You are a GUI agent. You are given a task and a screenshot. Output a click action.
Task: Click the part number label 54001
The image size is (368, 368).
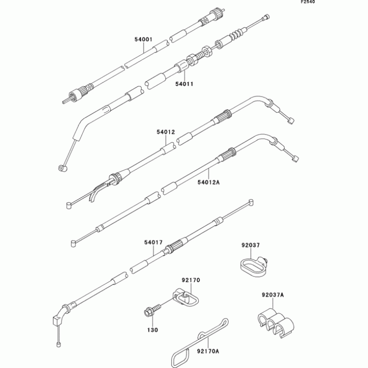click(x=144, y=40)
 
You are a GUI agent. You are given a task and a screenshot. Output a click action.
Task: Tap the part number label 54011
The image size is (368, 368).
click(x=184, y=84)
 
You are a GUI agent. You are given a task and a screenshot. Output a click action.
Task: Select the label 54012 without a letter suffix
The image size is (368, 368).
click(x=166, y=132)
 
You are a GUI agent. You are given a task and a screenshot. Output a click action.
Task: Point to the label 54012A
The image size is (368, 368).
click(x=209, y=182)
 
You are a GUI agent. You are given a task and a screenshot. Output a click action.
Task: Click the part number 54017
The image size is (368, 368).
click(x=154, y=242)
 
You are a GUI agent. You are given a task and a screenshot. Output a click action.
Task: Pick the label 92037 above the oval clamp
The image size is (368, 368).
click(x=251, y=245)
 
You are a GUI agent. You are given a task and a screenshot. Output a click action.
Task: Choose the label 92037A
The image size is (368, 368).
click(x=273, y=295)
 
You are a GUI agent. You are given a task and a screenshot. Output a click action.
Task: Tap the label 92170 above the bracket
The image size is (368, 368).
click(x=191, y=280)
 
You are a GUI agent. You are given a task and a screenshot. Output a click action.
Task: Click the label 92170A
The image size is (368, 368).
click(x=208, y=351)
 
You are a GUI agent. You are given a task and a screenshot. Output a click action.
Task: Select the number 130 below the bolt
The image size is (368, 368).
click(x=153, y=330)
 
